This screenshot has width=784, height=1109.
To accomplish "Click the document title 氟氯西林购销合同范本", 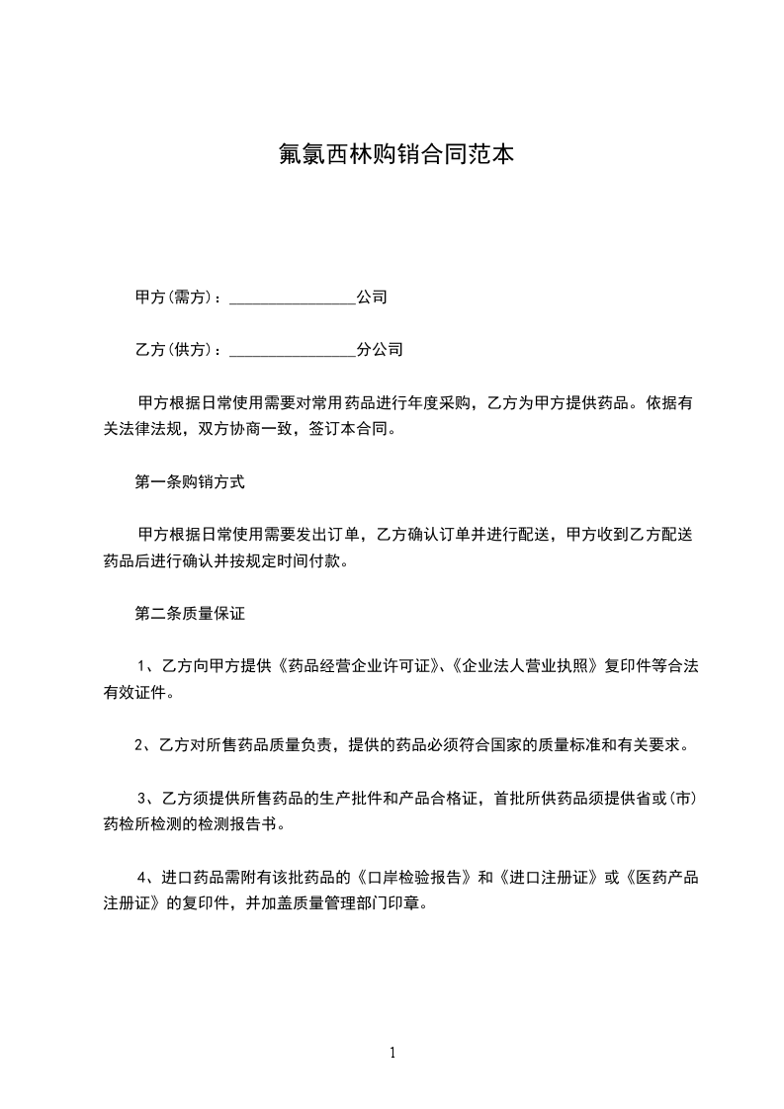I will coord(392,155).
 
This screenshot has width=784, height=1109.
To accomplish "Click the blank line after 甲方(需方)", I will coord(292,298).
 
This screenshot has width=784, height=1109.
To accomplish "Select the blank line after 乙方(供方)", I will coord(292,350).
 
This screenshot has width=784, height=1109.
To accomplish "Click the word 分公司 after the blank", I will coord(380,350).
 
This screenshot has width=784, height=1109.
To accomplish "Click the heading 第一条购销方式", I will coord(189,482).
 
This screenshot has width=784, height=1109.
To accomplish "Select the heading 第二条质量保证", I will coord(189,614).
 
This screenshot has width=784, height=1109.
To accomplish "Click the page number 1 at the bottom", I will coord(392,1053).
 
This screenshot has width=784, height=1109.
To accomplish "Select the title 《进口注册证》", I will coord(549,877).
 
